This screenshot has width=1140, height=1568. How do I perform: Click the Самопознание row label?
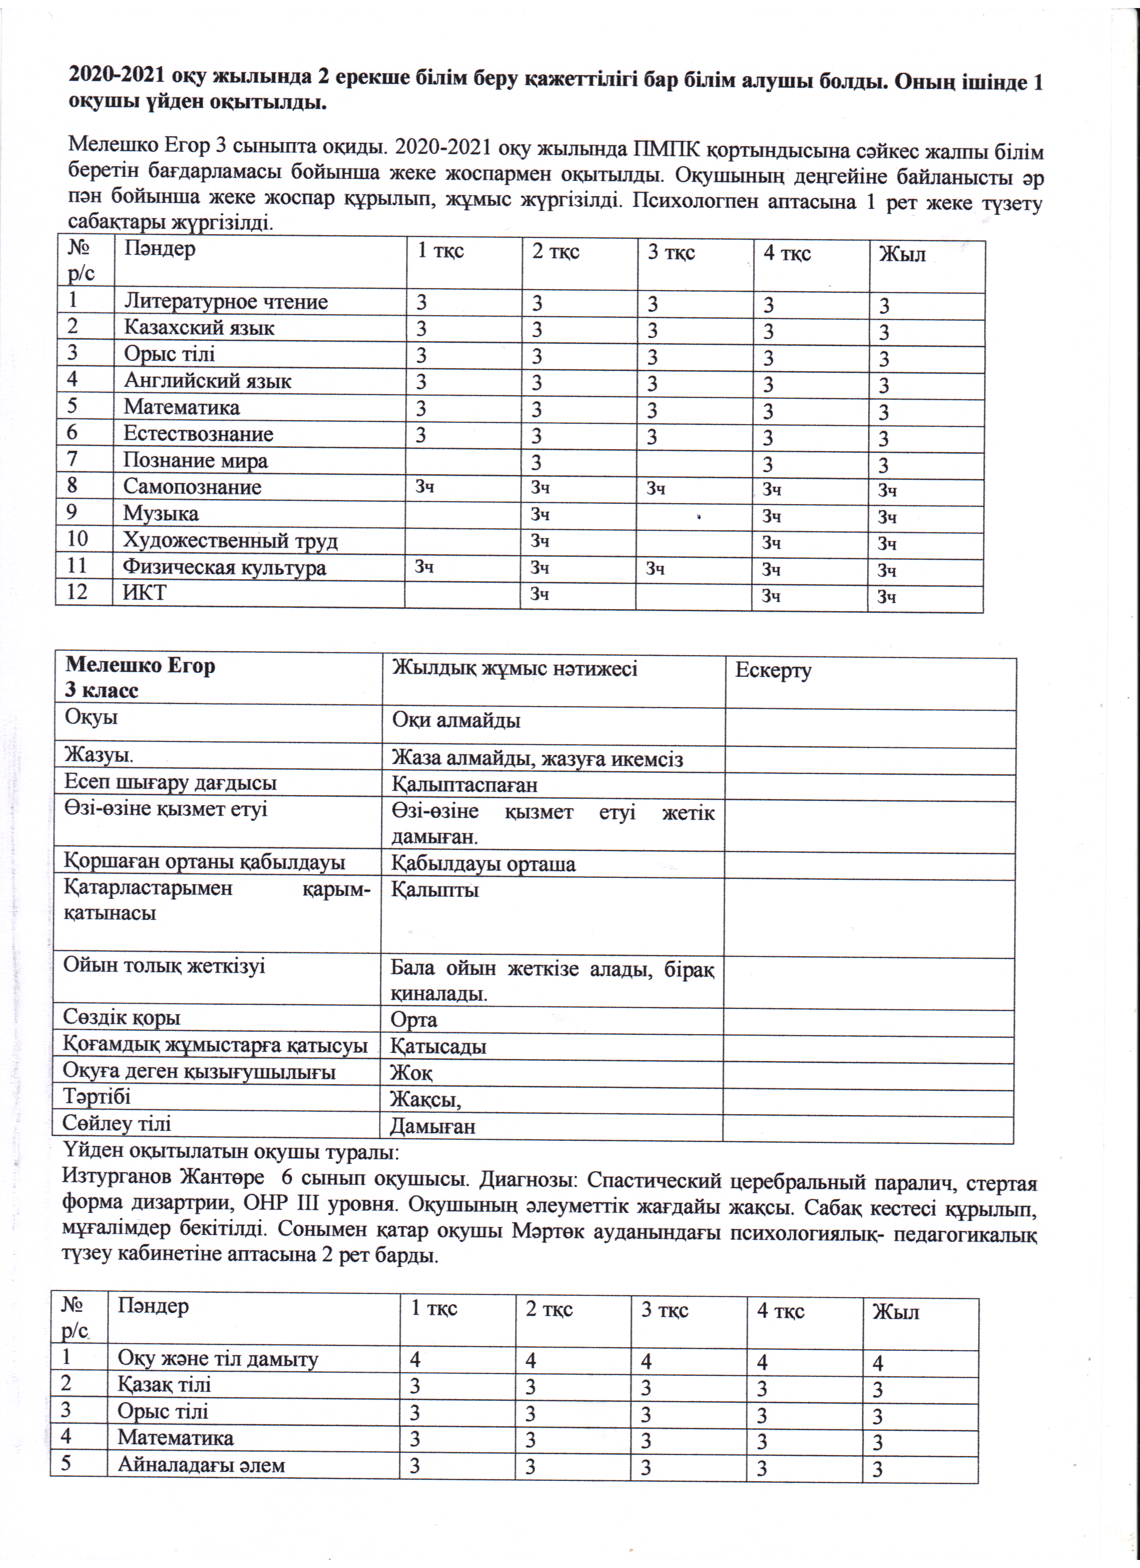click(x=192, y=487)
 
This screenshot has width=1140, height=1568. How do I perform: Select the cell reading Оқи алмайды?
click(x=456, y=721)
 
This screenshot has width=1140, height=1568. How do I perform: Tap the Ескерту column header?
click(x=773, y=670)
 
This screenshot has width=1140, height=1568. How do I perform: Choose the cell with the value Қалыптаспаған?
click(x=464, y=785)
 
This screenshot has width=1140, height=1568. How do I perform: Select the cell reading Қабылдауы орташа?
click(x=483, y=864)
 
